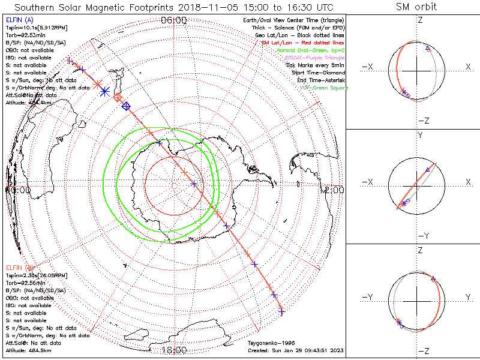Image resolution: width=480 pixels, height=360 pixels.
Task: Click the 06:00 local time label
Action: click(174, 20)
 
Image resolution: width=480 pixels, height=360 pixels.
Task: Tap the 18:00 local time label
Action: click(174, 350)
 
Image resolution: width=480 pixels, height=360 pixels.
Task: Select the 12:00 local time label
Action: click(333, 190)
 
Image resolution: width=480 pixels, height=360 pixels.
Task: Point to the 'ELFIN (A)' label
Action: click(19, 20)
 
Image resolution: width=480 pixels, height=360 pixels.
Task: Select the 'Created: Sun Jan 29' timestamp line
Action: click(295, 350)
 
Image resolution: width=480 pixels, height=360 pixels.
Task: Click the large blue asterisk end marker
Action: click(104, 91)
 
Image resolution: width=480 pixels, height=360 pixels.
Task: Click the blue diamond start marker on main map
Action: click(126, 106)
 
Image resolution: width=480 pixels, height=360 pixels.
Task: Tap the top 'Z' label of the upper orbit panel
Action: click(420, 20)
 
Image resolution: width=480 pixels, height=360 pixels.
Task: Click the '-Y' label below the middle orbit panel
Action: click(420, 236)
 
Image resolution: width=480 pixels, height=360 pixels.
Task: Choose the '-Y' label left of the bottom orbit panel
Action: click(370, 297)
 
